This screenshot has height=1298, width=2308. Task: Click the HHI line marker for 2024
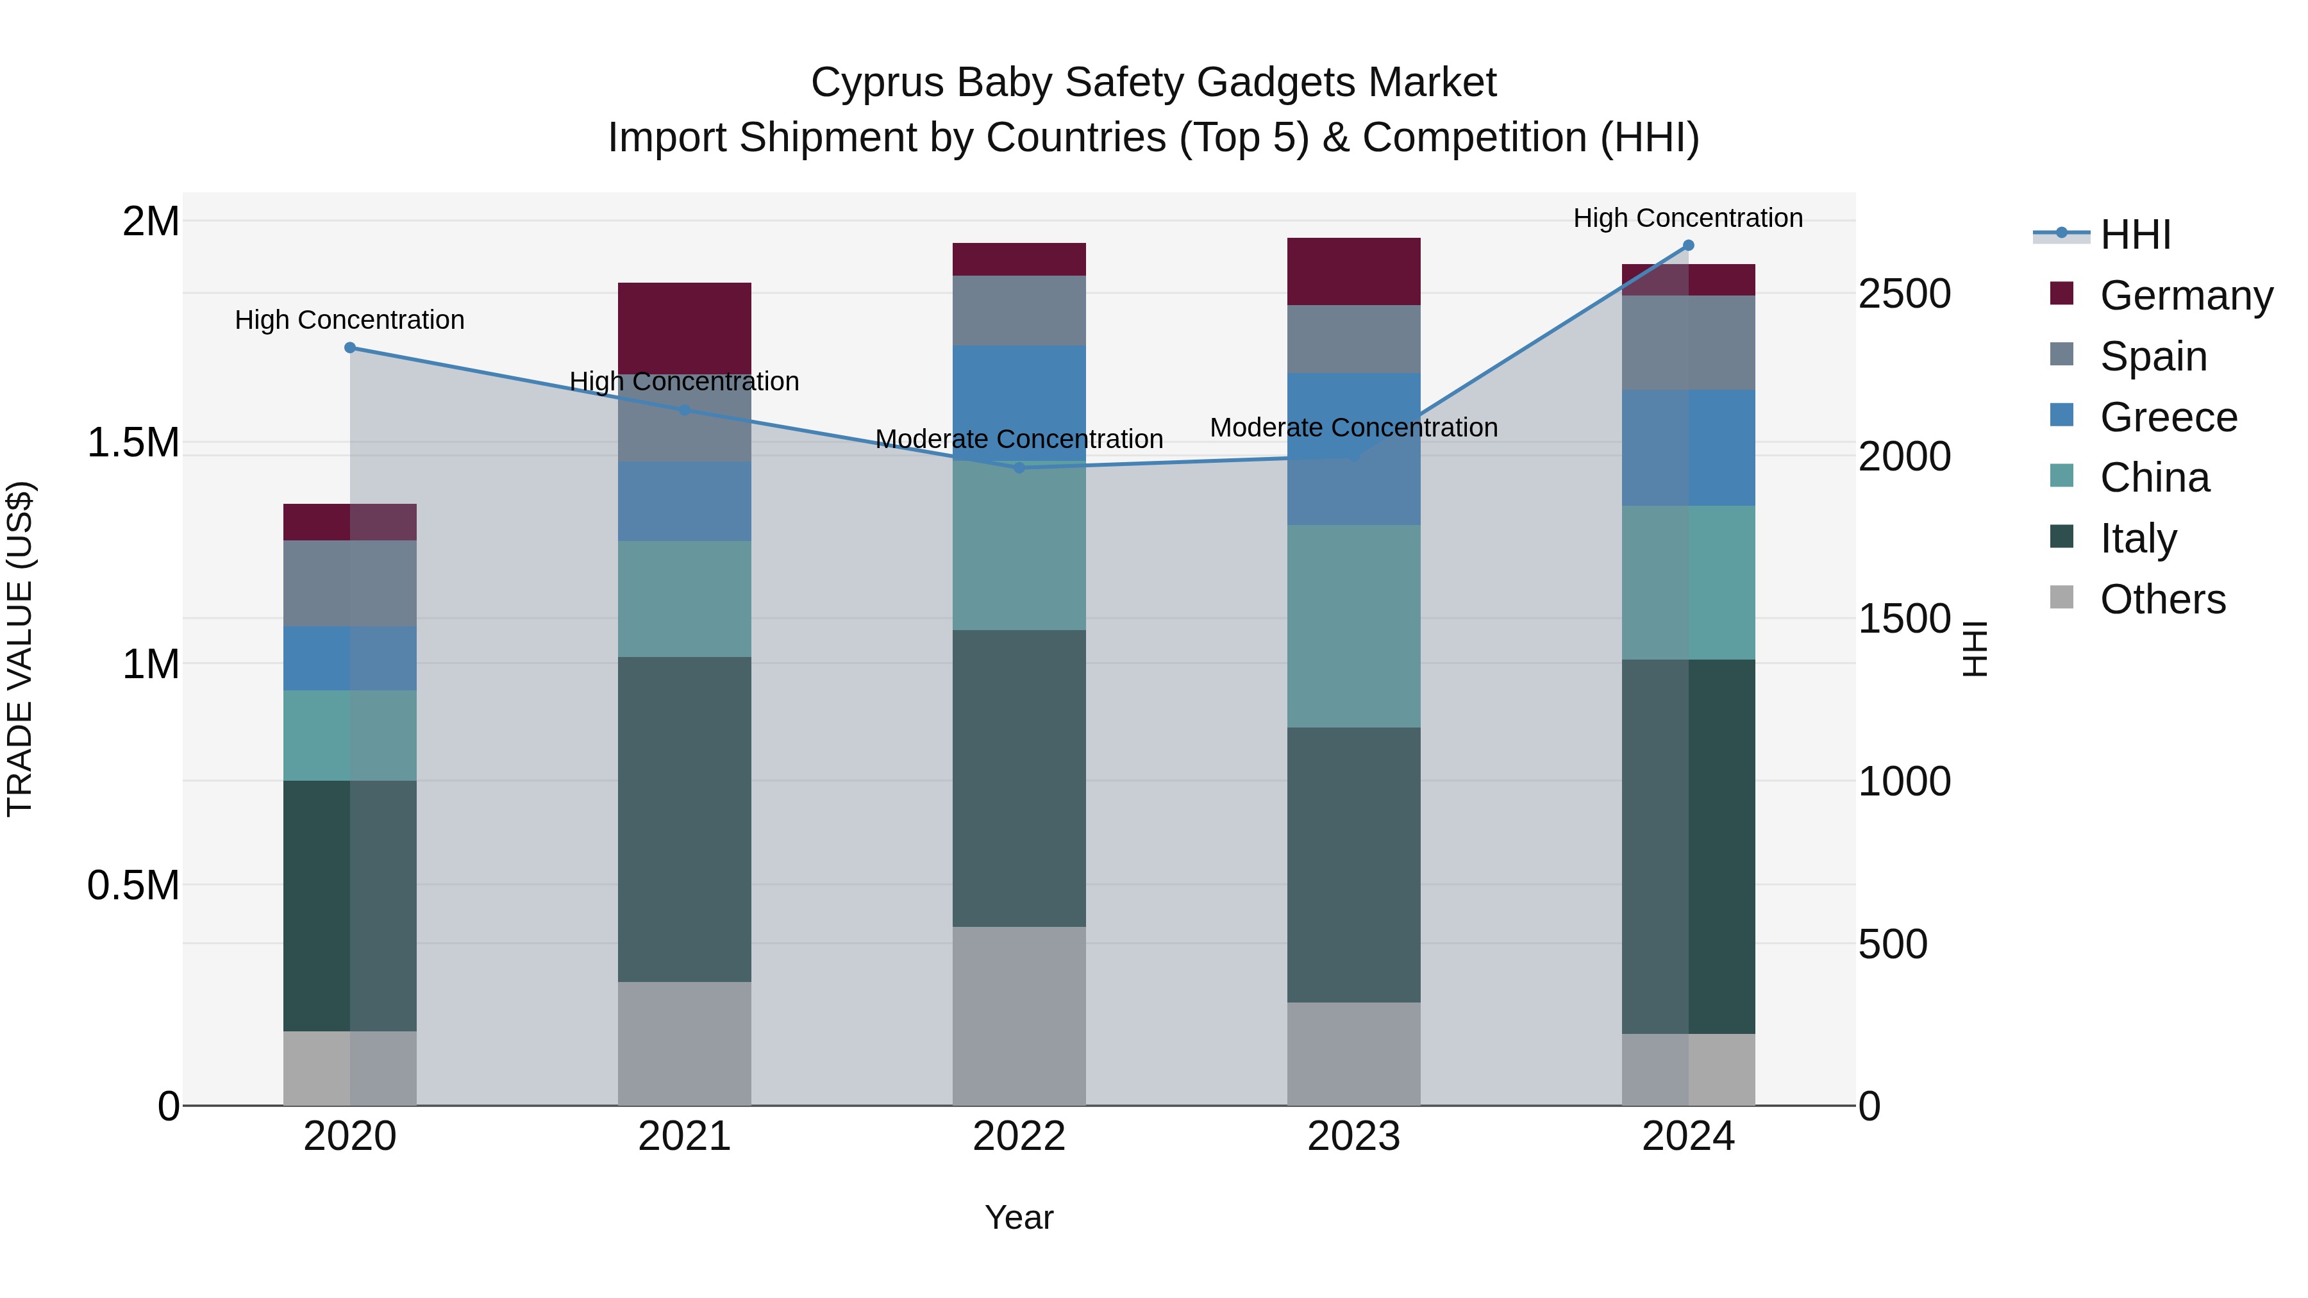click(1688, 245)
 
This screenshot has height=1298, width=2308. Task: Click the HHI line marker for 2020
click(350, 347)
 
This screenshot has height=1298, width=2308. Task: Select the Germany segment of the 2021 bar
click(685, 328)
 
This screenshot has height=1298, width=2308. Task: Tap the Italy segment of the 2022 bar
click(1019, 778)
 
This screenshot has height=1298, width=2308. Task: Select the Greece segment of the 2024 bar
click(1688, 448)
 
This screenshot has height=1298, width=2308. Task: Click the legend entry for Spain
click(2153, 356)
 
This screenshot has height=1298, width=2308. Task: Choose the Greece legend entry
click(2168, 417)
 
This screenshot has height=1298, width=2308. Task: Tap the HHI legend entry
click(2135, 235)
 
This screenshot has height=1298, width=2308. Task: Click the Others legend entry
click(2162, 599)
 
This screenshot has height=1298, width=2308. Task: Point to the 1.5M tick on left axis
click(133, 442)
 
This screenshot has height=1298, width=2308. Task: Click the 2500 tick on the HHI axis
click(1904, 294)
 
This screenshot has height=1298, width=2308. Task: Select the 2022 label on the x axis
click(1019, 1136)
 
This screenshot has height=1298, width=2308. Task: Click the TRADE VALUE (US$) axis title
click(20, 649)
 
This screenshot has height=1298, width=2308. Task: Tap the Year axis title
click(1019, 1217)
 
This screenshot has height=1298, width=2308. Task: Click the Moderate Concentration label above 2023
click(1354, 428)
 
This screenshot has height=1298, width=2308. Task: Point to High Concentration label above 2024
click(1688, 218)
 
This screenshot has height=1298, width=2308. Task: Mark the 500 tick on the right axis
click(1893, 944)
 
